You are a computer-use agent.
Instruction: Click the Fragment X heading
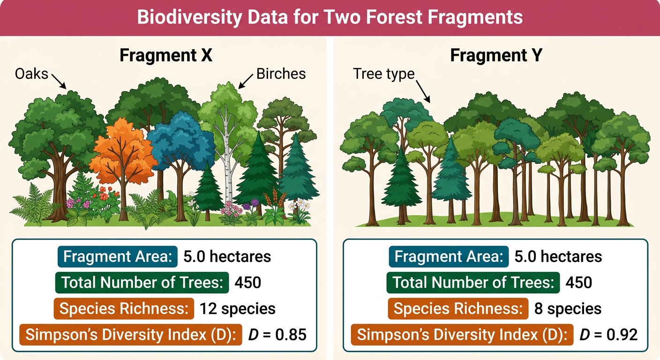166,55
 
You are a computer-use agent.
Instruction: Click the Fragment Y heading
496,55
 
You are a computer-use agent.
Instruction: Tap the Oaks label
31,74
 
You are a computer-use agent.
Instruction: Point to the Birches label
281,74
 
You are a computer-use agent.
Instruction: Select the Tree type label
383,74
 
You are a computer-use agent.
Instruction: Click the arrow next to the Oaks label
59,81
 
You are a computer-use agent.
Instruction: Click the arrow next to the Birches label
246,81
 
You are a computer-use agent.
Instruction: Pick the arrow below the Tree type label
423,91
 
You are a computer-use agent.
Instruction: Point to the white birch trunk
227,156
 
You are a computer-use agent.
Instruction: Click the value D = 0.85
277,335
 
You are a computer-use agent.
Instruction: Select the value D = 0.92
608,335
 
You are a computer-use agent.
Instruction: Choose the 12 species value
238,309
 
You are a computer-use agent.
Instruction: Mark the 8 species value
568,309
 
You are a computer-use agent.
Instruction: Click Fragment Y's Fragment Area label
449,256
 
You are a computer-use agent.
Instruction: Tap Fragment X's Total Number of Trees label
142,283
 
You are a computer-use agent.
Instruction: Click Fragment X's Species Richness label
124,309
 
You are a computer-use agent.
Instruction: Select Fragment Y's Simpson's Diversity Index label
462,335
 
